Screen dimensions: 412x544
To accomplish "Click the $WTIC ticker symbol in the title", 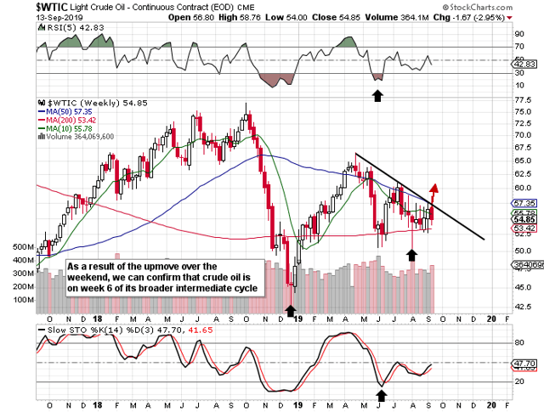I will click(x=21, y=6).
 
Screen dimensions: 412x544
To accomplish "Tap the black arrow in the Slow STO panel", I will click(x=382, y=395).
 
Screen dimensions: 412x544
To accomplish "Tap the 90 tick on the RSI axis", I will click(x=519, y=34).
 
